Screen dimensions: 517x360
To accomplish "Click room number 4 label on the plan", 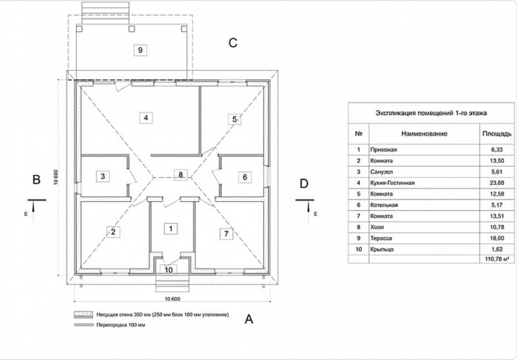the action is tap(145, 117).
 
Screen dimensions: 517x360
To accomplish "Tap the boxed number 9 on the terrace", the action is tap(140, 50).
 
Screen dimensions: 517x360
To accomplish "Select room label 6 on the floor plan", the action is tap(245, 177).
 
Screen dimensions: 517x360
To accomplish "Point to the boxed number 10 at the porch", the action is tap(169, 270).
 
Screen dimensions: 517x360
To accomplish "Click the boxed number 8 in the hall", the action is tap(180, 174).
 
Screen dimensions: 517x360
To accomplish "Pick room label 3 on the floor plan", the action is tap(103, 177).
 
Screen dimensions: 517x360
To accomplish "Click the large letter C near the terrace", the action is tap(233, 43).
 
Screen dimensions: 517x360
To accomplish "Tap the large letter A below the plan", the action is tap(249, 319).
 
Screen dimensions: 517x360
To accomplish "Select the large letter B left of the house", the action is tap(37, 180).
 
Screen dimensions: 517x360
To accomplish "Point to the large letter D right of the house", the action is tap(304, 183).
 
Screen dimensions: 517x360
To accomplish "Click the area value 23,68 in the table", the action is tap(492, 183).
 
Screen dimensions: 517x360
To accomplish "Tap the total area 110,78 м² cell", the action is tap(492, 259).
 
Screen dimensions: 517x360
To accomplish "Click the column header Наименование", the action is tap(424, 133).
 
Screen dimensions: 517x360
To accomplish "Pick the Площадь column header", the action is tap(492, 133).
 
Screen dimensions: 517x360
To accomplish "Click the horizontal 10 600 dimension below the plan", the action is tap(172, 299).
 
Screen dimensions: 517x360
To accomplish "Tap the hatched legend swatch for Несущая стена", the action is tap(83, 314).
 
